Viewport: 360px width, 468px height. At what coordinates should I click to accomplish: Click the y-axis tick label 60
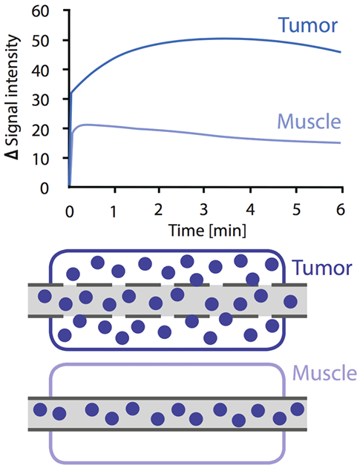point(40,11)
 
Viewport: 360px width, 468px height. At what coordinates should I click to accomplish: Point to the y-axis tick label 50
point(40,41)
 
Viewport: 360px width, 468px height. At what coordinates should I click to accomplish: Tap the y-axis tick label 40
point(40,70)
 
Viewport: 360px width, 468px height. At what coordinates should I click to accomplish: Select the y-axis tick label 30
point(40,100)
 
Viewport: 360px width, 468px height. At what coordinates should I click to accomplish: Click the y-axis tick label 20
point(40,130)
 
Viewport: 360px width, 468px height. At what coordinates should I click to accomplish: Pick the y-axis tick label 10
point(40,159)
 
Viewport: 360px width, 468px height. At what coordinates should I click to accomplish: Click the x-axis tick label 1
point(114,211)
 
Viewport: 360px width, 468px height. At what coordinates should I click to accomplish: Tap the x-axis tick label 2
point(158,210)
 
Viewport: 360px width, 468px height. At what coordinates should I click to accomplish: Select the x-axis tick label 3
point(203,210)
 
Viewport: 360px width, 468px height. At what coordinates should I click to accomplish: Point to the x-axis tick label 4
point(250,210)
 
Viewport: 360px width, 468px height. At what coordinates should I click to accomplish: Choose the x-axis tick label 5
point(295,210)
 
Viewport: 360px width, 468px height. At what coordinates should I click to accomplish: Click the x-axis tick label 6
point(341,210)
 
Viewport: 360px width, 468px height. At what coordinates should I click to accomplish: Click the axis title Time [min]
point(208,231)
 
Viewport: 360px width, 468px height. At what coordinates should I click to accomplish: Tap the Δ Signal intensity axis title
point(13,97)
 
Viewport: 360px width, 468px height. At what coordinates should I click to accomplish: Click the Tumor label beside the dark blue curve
point(308,25)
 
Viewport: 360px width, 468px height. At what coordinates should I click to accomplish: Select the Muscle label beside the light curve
point(310,122)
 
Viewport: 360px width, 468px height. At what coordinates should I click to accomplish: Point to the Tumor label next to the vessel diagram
point(322,268)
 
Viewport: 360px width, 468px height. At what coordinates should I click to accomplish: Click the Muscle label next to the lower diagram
point(324,373)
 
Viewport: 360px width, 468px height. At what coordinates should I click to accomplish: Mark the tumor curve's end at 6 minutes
point(340,52)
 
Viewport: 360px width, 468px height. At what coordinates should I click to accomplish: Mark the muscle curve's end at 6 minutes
point(340,142)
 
